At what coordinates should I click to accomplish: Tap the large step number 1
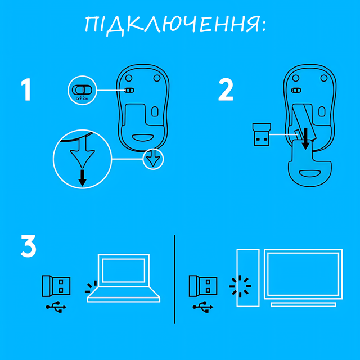26,90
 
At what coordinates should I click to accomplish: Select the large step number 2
226,90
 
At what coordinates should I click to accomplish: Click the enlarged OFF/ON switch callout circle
82,91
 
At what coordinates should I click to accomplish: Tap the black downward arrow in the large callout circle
83,178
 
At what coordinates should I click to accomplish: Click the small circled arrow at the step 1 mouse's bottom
153,159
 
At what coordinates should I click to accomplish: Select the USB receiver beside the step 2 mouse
259,135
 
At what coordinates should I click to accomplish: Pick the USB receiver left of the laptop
56,286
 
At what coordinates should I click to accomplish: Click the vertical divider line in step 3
174,278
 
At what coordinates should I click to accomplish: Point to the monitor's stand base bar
303,304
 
